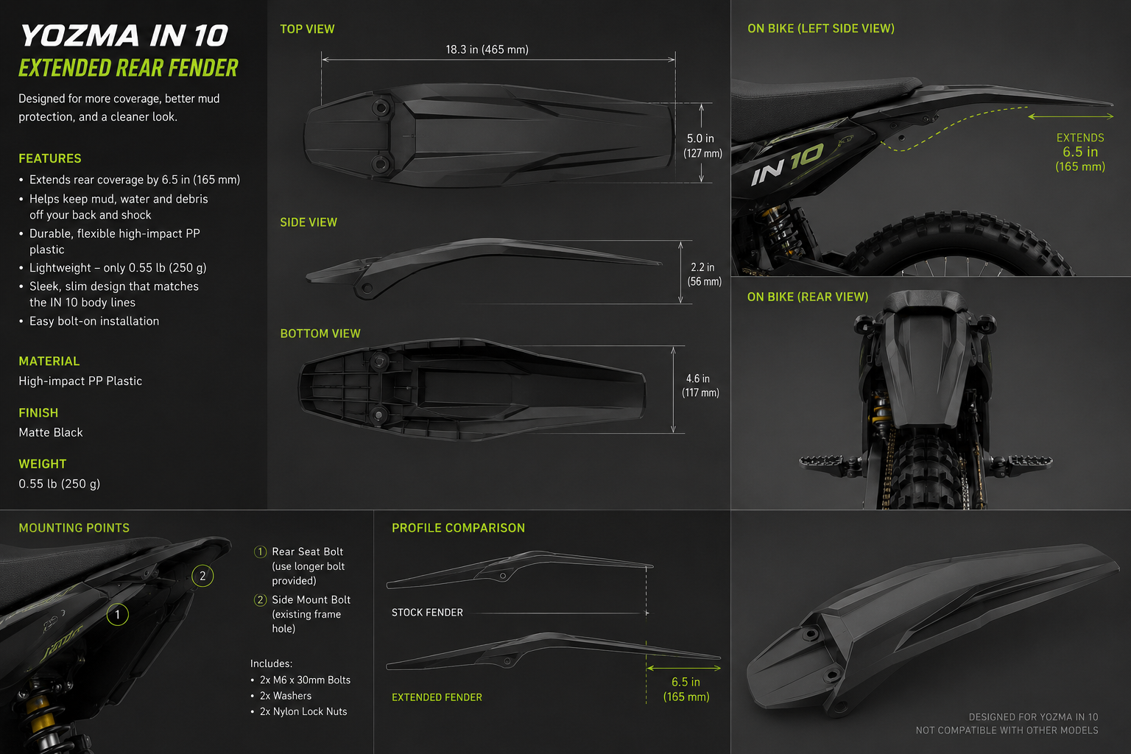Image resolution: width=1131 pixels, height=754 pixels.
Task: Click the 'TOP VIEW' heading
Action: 307,29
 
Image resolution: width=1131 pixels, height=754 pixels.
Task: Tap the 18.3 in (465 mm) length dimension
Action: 487,49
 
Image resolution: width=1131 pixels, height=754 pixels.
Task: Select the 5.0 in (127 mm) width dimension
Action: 702,146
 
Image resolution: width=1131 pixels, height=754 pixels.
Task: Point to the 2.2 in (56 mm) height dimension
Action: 704,274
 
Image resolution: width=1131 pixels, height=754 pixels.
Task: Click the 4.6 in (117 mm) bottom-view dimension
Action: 700,385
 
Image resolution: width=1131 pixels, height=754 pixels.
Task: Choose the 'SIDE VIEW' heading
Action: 309,222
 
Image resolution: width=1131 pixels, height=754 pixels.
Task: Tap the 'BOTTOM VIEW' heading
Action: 320,334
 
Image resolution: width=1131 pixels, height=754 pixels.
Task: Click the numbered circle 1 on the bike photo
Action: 118,615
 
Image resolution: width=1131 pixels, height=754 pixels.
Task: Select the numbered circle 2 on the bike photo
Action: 202,577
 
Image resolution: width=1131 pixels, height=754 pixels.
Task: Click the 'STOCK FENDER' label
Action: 427,613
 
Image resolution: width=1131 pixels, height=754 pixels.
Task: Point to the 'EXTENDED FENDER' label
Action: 437,697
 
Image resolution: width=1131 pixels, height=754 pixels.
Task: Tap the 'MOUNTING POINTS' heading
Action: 74,528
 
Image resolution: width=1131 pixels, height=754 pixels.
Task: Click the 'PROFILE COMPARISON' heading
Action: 459,528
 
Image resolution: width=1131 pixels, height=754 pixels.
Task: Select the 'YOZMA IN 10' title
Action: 124,36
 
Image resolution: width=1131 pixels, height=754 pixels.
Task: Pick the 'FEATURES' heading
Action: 50,158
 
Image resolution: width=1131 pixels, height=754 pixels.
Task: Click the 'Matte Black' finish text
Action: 51,432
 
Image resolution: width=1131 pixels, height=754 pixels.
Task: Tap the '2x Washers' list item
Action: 285,695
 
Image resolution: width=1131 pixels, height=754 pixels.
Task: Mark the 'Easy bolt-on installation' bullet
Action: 94,321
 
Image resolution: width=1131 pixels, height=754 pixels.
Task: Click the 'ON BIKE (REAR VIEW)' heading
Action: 808,297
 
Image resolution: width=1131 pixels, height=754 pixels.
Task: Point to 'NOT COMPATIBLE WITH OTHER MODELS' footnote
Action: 1007,730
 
